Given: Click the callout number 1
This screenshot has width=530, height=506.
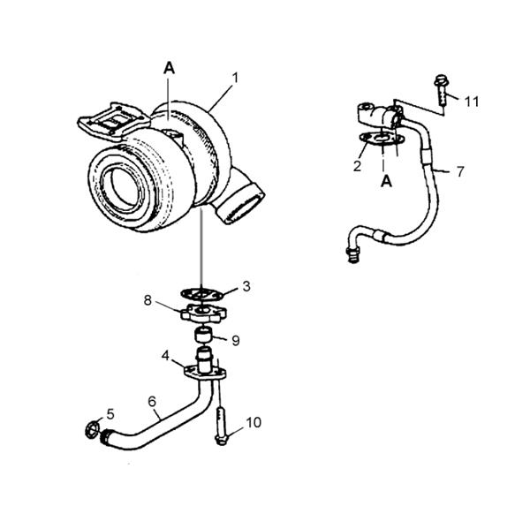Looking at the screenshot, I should tap(235, 78).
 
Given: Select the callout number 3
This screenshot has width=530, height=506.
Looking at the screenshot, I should tap(246, 285).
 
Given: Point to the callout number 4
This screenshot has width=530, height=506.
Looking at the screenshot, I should tap(165, 356).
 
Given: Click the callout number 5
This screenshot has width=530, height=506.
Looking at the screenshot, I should tap(110, 412).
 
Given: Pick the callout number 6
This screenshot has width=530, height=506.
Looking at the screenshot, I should tap(153, 402).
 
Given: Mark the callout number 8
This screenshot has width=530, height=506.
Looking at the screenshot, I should tap(149, 301).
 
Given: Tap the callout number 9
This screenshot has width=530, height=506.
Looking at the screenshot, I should tap(236, 339).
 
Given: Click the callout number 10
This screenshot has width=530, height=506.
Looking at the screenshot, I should tap(254, 422).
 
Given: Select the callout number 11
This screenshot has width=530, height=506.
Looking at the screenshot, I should tap(472, 102).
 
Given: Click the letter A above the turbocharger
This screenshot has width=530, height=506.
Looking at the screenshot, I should tap(169, 67).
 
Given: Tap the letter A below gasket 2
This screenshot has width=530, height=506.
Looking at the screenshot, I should tap(384, 181).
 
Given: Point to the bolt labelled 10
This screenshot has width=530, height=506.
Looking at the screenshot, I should tap(220, 425).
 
